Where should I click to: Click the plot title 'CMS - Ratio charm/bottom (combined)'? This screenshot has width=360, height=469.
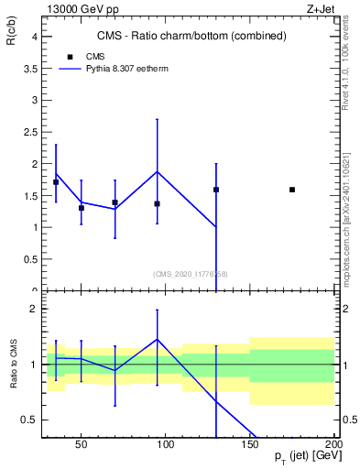point(191,36)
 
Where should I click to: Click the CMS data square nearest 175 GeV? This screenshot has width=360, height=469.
point(292,190)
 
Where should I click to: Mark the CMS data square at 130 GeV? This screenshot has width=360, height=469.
point(216,190)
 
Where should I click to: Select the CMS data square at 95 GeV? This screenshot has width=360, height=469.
point(158,203)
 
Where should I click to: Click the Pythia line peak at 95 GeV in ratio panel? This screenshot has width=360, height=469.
point(158,339)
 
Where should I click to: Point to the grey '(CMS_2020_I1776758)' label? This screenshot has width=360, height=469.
point(191,273)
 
